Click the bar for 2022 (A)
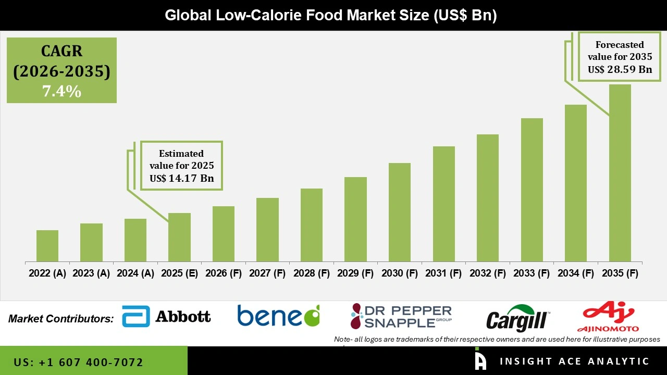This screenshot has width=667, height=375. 47,246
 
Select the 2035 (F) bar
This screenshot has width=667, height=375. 620,173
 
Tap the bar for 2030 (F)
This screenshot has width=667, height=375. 400,212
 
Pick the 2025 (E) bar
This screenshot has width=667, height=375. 179,237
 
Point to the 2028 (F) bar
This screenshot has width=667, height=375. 312,225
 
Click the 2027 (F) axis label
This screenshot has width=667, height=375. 267,273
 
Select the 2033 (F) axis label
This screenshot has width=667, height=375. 532,273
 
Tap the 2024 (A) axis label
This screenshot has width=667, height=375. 135,273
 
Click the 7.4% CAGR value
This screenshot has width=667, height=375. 61,92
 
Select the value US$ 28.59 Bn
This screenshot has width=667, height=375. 620,69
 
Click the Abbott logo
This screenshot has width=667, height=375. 166,316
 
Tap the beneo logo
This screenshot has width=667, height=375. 278,316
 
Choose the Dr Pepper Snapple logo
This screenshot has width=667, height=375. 401,316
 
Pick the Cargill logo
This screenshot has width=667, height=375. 517,318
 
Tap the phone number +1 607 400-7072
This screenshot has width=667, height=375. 78,362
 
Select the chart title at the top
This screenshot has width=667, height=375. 330,15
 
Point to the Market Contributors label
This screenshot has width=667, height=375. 61,318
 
